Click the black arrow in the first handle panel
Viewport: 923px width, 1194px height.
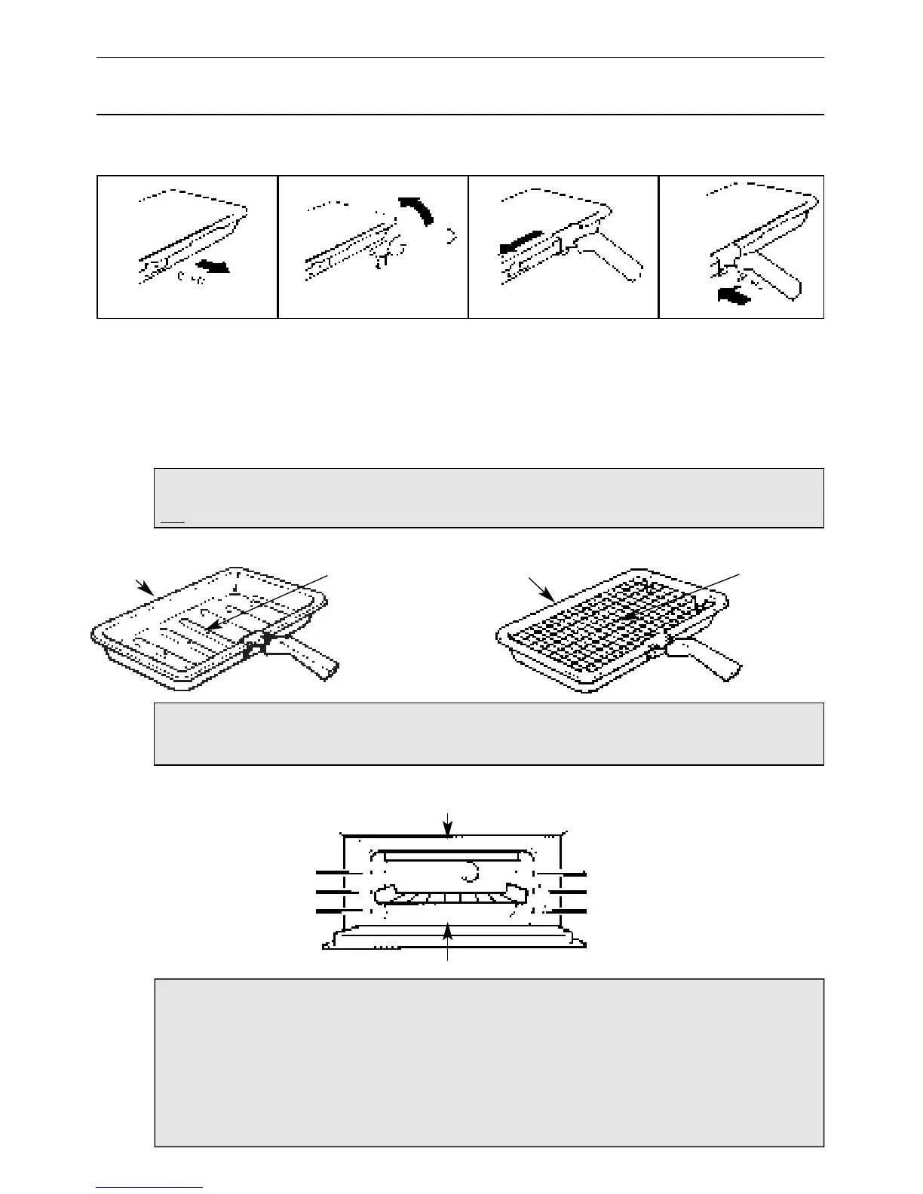[213, 267]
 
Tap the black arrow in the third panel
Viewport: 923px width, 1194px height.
[521, 240]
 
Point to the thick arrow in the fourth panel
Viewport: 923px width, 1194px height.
[734, 297]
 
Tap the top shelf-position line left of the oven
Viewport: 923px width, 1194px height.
[336, 872]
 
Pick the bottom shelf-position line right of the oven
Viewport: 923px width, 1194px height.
[568, 911]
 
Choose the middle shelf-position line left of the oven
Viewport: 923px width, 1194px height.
[336, 892]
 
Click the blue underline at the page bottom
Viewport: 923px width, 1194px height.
[149, 1188]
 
